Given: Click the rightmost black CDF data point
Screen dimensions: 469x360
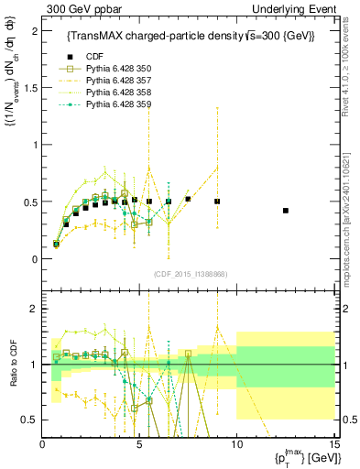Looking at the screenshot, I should (x=286, y=211).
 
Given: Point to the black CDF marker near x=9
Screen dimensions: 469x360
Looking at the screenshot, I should (x=217, y=201).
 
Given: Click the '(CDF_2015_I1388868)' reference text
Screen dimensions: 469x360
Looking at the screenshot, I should (x=190, y=275).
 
